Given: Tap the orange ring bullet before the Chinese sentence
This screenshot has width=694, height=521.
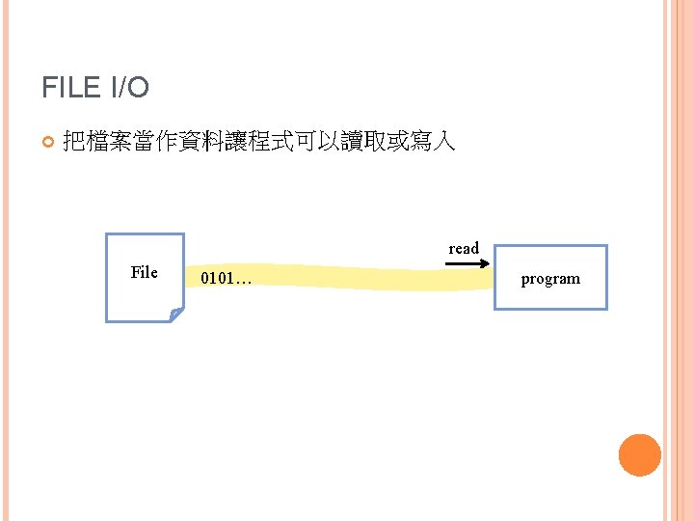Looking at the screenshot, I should pyautogui.click(x=48, y=144).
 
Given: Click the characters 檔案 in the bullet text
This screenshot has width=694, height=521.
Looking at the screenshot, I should pyautogui.click(x=106, y=143).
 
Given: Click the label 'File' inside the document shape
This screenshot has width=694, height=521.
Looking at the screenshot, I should pyautogui.click(x=144, y=273).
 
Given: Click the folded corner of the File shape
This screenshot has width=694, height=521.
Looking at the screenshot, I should pyautogui.click(x=174, y=314).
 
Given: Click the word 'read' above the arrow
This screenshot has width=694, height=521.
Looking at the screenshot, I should pyautogui.click(x=464, y=249).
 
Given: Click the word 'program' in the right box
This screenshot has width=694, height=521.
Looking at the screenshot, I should pyautogui.click(x=550, y=279).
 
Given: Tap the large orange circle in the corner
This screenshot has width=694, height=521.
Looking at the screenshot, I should pyautogui.click(x=639, y=455).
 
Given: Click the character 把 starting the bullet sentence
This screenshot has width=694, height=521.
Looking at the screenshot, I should pyautogui.click(x=73, y=143).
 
